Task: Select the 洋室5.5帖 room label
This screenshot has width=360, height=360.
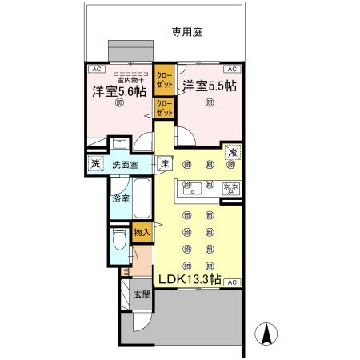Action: (210, 86)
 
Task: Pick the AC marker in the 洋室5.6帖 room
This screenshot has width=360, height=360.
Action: (94, 69)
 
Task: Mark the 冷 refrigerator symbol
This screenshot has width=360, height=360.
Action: (232, 152)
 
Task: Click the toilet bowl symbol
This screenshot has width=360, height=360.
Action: (119, 240)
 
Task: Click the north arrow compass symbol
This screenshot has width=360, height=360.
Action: (265, 332)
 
